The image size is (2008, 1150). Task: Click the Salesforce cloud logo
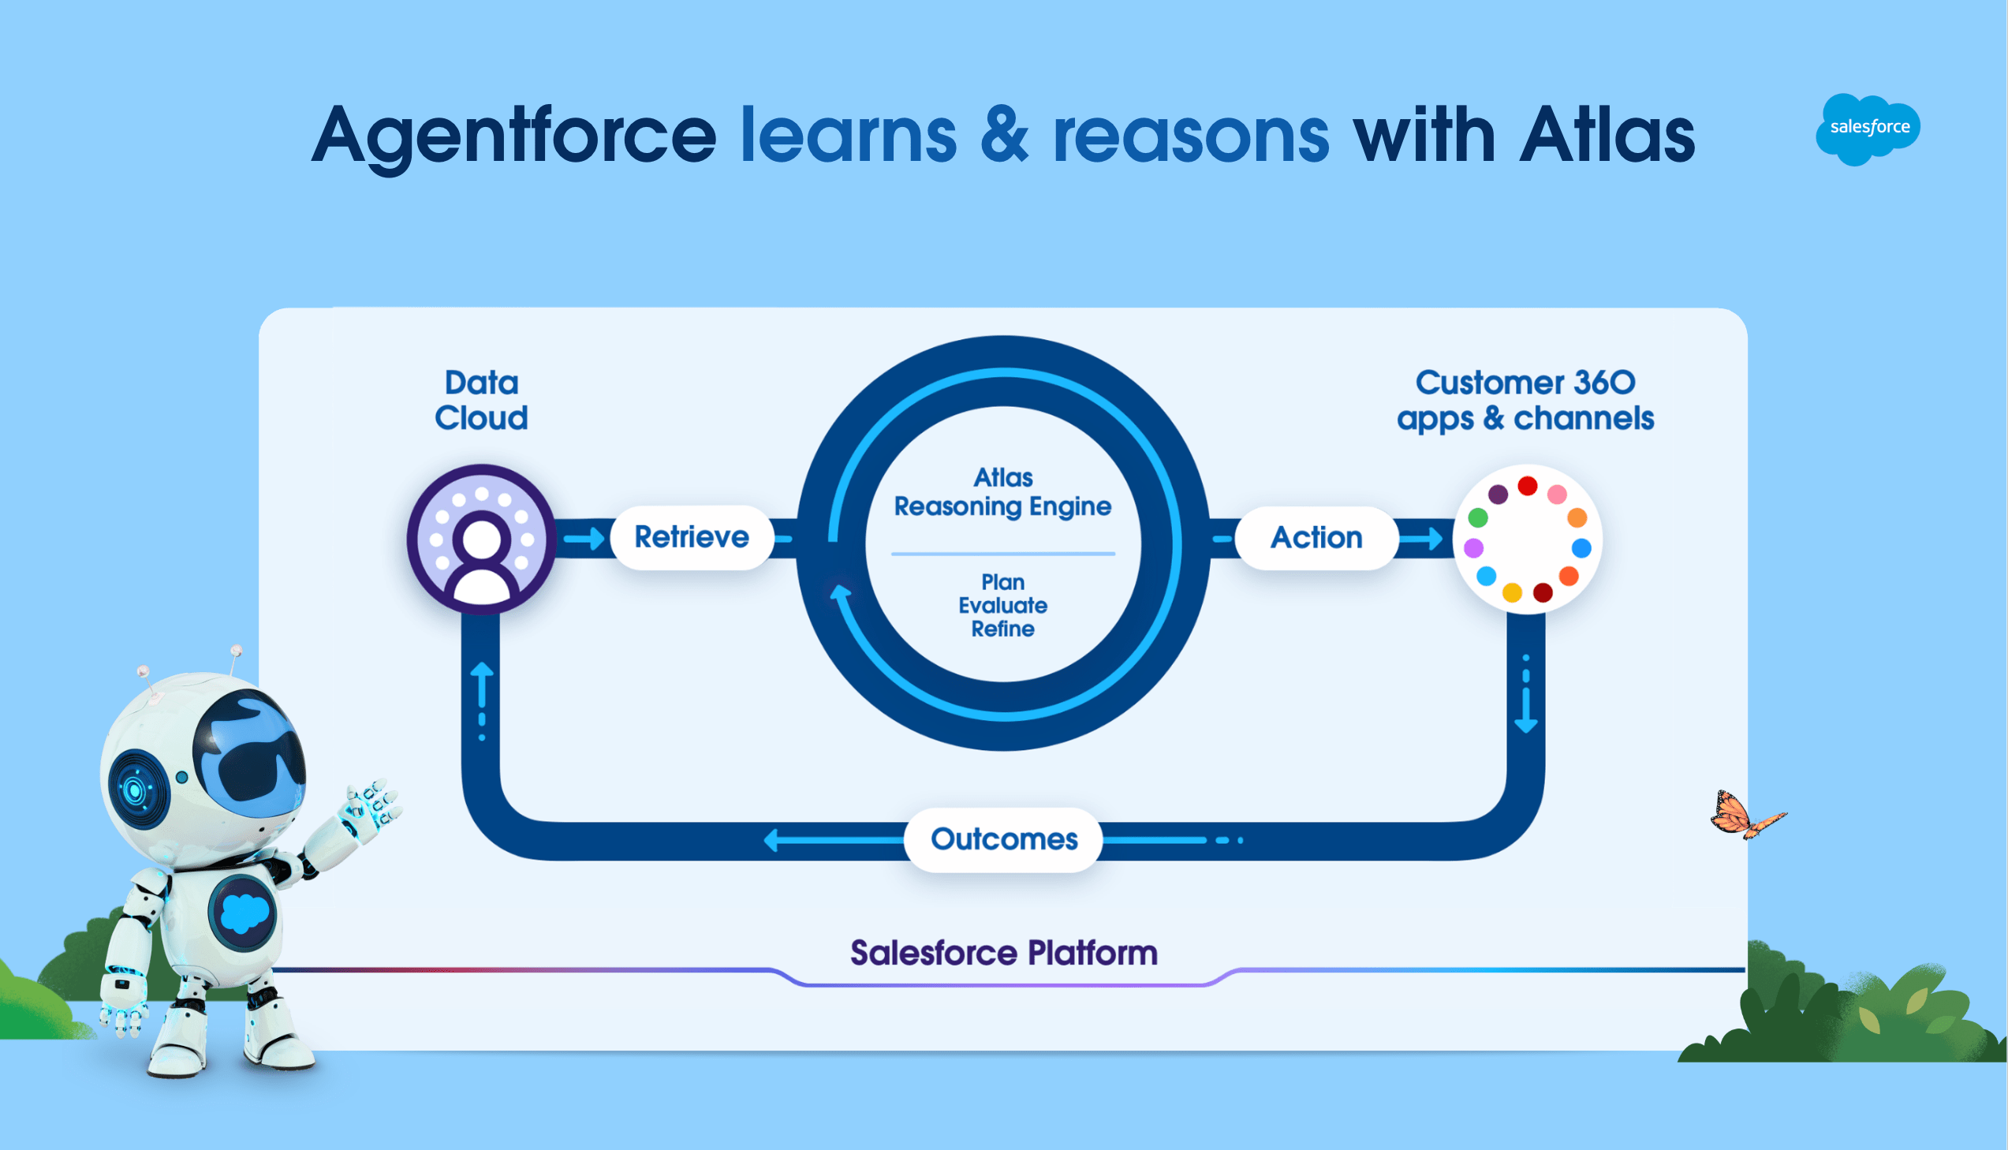tap(1868, 128)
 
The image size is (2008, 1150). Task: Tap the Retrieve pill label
tap(692, 537)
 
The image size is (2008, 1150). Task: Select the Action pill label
tap(1316, 538)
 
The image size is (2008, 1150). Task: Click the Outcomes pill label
tap(1003, 838)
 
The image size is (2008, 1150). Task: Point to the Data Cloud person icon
tap(482, 540)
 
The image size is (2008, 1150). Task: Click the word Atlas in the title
tap(1607, 136)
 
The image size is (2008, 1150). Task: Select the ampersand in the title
tap(1005, 136)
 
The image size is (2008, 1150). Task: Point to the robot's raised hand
tap(371, 805)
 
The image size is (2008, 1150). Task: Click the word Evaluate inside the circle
tap(1002, 606)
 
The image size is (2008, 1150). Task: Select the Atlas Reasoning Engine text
tap(1002, 492)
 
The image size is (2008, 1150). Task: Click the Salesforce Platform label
tap(1003, 954)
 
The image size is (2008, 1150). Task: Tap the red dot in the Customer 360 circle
tap(1527, 486)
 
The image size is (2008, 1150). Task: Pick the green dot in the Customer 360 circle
tap(1478, 518)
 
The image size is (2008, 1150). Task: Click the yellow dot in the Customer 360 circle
tap(1511, 592)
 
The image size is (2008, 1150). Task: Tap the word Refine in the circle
tap(1002, 629)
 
